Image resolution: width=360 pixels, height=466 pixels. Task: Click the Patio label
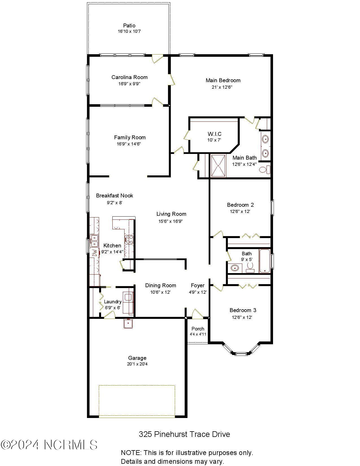click(x=129, y=25)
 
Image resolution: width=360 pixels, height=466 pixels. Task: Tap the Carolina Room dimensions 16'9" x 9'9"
click(x=129, y=84)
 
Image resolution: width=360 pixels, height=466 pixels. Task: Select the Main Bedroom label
click(x=223, y=80)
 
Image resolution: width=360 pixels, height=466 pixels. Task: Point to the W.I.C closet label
click(x=215, y=134)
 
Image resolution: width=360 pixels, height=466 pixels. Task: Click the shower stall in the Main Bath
click(x=219, y=166)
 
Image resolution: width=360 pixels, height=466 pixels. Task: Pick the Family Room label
click(x=130, y=138)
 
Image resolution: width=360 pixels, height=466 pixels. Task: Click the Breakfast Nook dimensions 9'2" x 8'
click(x=114, y=202)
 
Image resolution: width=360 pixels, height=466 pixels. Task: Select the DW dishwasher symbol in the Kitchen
click(x=95, y=253)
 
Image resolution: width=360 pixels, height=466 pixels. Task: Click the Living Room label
click(x=171, y=214)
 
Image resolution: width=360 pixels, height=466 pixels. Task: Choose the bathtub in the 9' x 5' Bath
click(x=265, y=261)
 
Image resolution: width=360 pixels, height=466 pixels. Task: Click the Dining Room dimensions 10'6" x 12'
click(x=160, y=292)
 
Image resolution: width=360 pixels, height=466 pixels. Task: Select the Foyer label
click(x=198, y=286)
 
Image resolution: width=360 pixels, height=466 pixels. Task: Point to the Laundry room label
click(x=113, y=302)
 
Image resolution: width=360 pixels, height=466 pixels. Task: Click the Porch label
click(x=198, y=329)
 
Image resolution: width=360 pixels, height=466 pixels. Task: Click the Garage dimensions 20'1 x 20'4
click(x=137, y=364)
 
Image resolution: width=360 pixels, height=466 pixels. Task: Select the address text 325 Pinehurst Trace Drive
click(x=184, y=434)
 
